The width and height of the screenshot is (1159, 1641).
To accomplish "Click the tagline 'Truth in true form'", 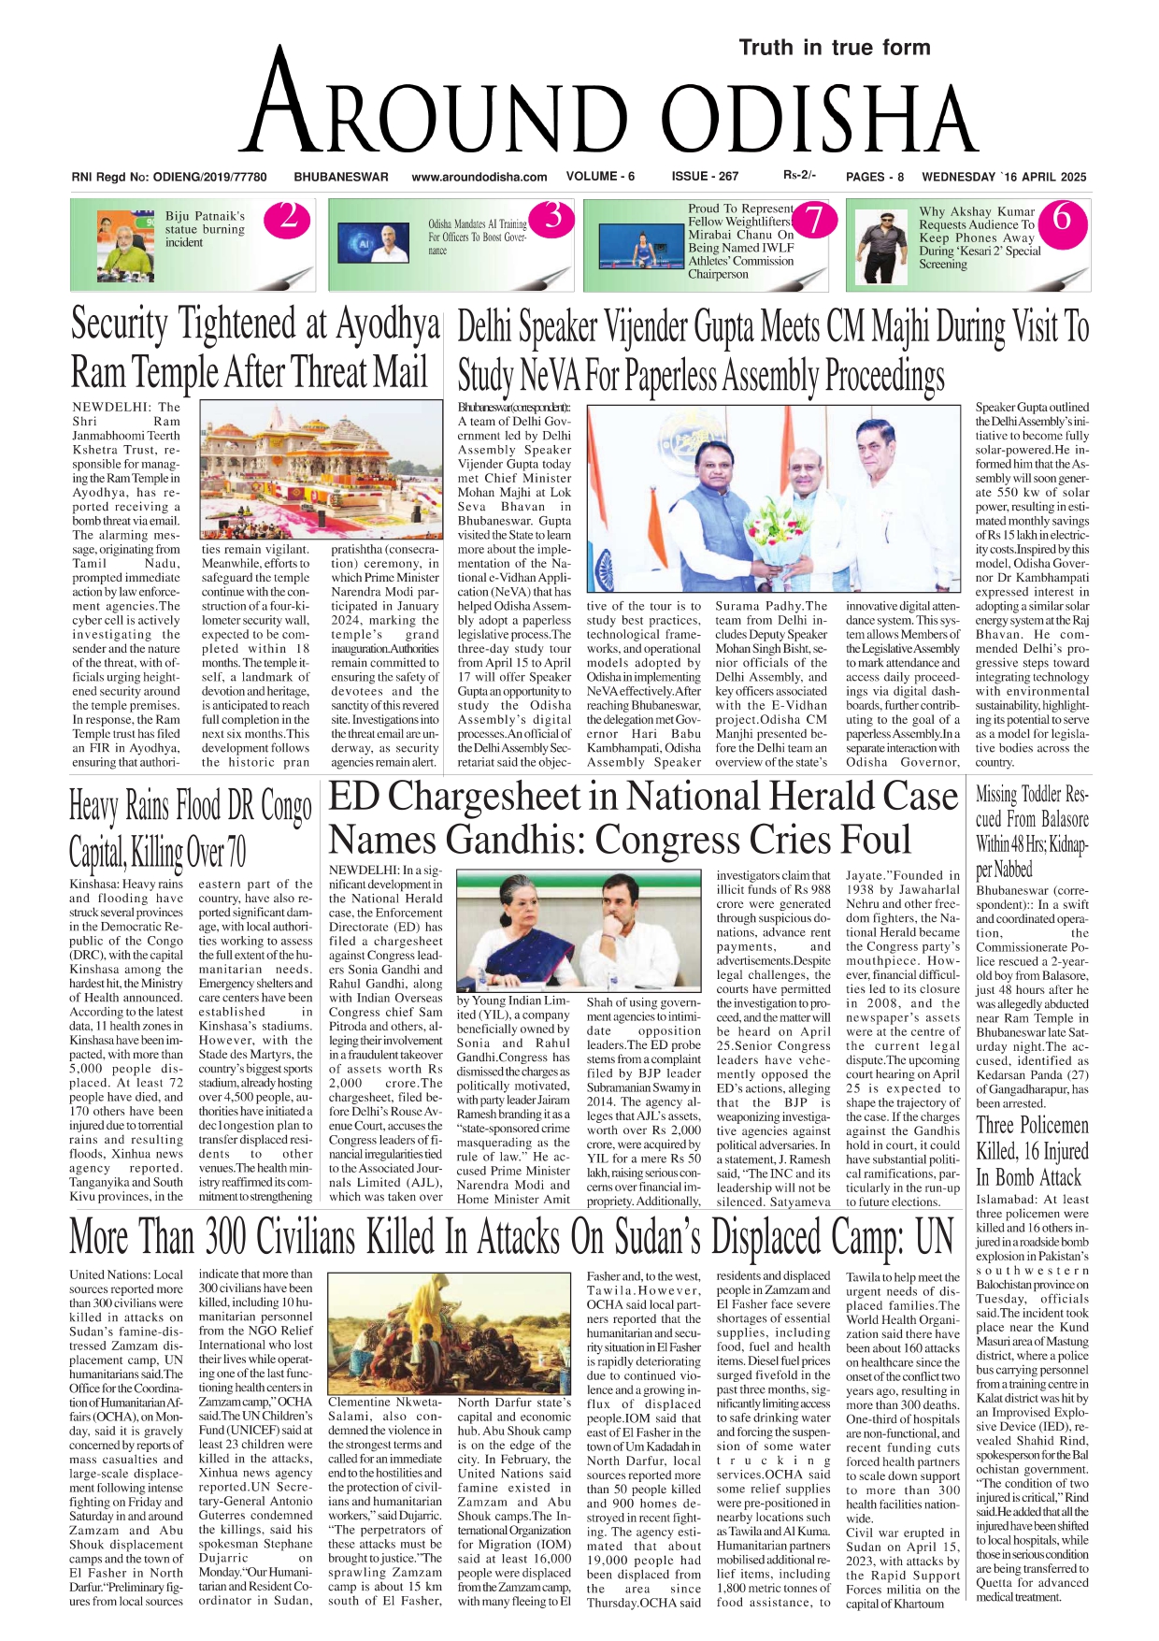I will [x=834, y=48].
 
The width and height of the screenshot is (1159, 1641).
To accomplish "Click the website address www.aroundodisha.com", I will [x=479, y=177].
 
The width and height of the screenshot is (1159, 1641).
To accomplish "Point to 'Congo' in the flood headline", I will [x=284, y=806].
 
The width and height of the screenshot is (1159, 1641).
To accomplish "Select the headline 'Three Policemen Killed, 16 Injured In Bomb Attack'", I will [x=1032, y=1151].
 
